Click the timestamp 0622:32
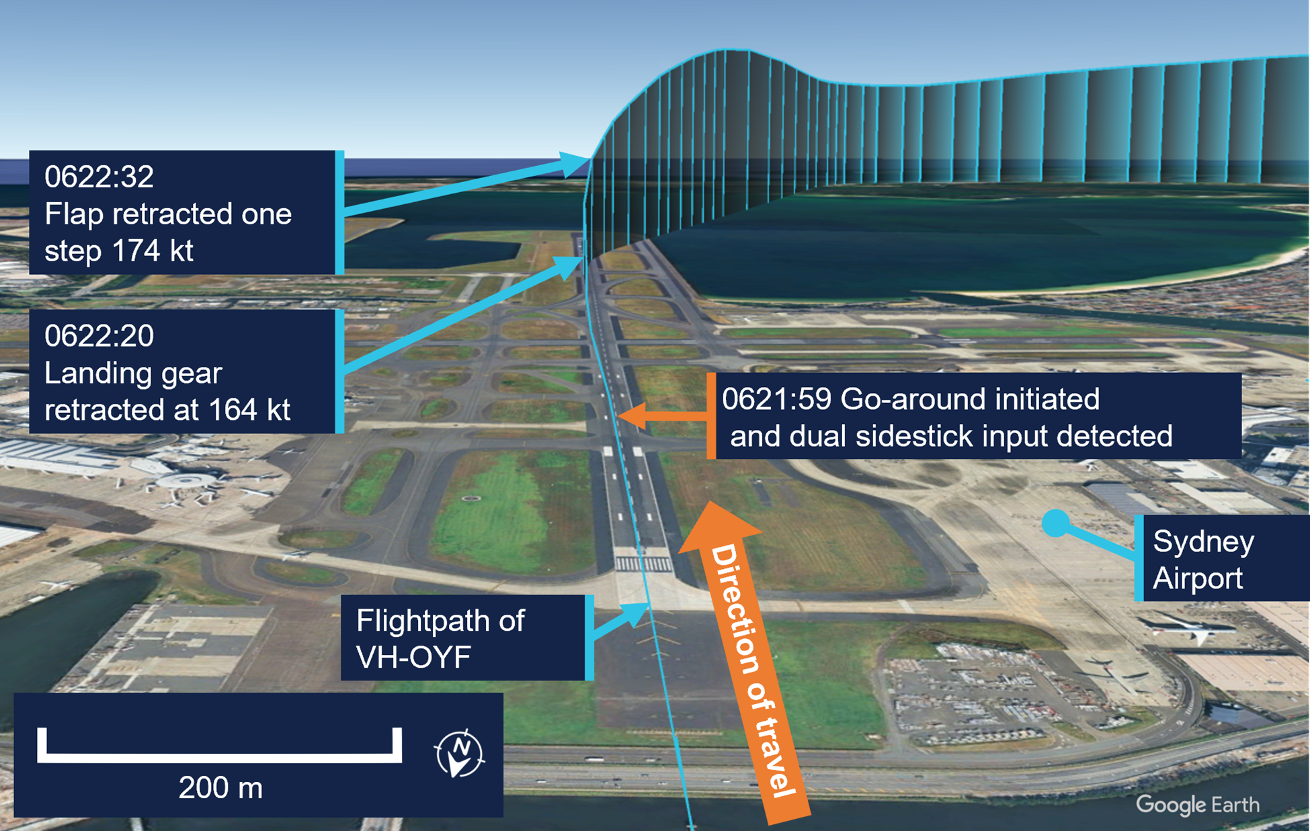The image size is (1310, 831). coord(99,177)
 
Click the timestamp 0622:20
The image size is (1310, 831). coord(99,336)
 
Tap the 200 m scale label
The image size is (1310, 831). coord(220,787)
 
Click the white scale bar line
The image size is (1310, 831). coord(219,757)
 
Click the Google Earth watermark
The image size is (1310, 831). coord(1197,804)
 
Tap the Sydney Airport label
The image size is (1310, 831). coord(1203,559)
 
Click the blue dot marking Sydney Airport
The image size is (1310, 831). coord(1056,523)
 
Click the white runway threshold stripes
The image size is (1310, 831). coord(643,564)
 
